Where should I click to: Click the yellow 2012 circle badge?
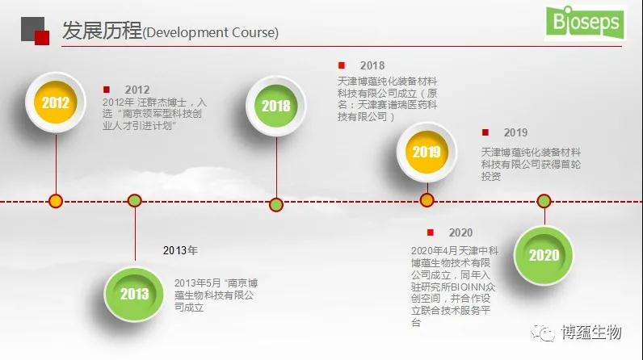56,103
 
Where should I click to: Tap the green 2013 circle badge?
134,294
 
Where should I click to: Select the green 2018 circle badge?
276,106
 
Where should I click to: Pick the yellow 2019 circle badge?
427,152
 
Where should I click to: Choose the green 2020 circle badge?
544,255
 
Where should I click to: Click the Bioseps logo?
586,23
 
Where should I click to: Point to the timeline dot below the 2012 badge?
56,201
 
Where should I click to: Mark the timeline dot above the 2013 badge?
135,201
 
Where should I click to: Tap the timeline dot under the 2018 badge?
276,204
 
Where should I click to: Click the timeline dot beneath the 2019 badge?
427,200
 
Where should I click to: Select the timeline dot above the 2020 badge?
544,201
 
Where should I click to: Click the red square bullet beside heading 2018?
342,65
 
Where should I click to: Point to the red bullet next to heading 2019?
485,132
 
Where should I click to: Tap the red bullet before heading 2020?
431,232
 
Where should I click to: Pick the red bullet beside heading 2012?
107,90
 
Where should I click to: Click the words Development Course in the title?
211,32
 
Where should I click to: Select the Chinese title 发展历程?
102,31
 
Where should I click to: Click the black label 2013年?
180,250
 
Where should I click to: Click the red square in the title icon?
42,38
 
